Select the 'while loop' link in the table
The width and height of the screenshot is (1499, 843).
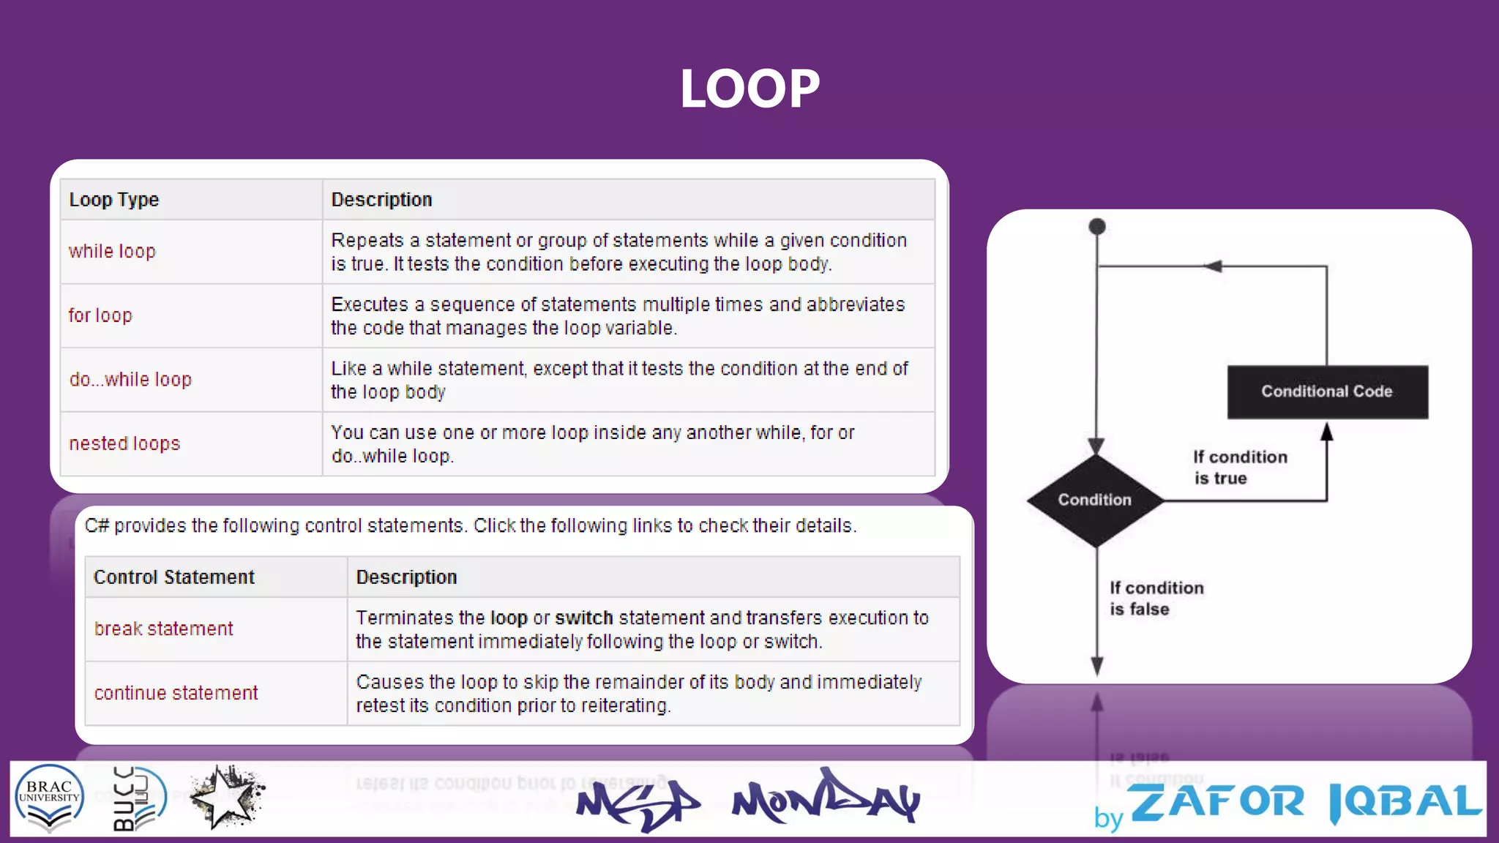(x=112, y=252)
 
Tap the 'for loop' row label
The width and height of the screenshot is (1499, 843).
(x=100, y=315)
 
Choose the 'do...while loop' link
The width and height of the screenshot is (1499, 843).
(x=130, y=379)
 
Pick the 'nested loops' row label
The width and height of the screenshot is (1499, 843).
(x=124, y=443)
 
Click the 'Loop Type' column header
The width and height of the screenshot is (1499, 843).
(x=114, y=200)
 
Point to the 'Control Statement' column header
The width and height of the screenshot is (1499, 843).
(x=174, y=577)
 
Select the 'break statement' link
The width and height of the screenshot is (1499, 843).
(x=164, y=629)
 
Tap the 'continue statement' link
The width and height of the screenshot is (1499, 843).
(x=176, y=693)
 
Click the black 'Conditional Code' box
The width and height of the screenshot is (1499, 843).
(x=1327, y=391)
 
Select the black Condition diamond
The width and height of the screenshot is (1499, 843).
(x=1095, y=500)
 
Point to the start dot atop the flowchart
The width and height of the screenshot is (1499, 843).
(x=1097, y=227)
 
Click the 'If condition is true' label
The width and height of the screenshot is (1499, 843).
(x=1239, y=467)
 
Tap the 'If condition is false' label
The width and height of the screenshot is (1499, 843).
(x=1156, y=598)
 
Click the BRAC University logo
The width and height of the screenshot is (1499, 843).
(x=50, y=798)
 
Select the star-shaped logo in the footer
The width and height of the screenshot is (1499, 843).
(x=226, y=798)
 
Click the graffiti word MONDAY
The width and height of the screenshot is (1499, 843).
(x=826, y=799)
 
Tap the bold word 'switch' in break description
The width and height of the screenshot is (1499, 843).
(x=583, y=618)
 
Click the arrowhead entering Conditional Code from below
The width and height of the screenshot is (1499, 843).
(x=1327, y=432)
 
